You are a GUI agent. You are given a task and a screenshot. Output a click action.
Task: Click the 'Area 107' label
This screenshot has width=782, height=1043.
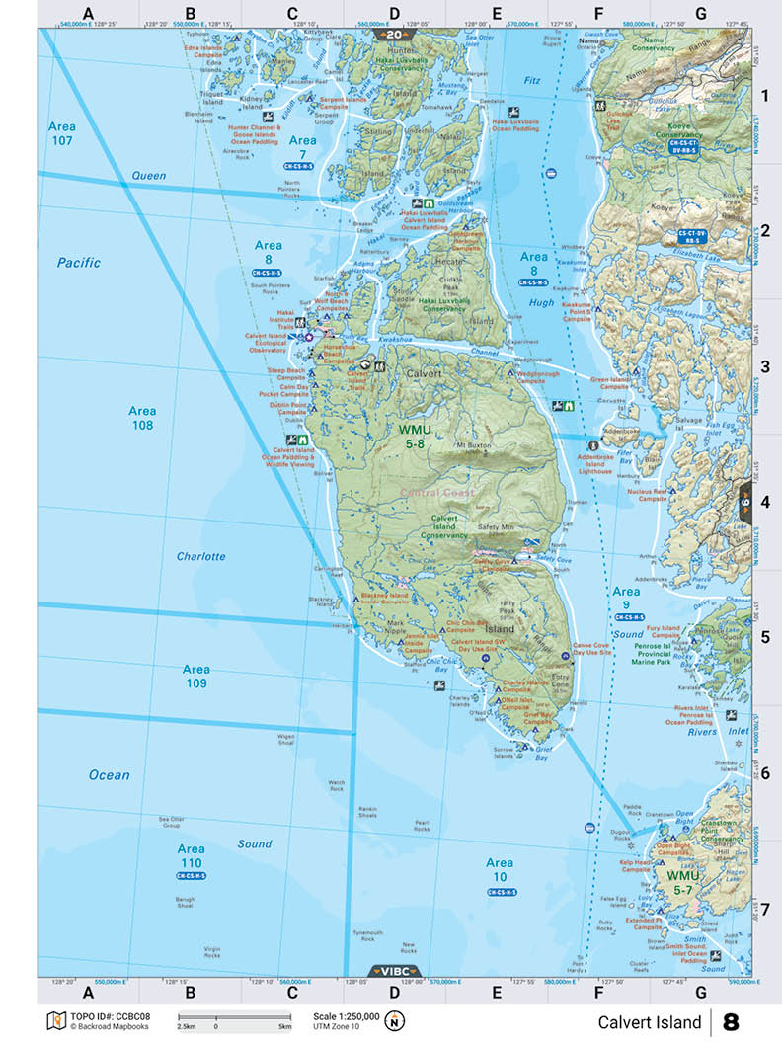[61, 134]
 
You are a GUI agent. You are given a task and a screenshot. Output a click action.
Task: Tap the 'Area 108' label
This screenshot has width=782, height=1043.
[142, 418]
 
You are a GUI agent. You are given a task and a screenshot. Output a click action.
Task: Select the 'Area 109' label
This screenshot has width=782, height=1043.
[195, 676]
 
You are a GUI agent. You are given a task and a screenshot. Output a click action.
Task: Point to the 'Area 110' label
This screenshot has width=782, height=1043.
[191, 855]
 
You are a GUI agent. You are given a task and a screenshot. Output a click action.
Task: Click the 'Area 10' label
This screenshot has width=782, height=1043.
[499, 870]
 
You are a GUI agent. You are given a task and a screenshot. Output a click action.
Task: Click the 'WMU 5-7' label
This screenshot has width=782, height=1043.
[682, 883]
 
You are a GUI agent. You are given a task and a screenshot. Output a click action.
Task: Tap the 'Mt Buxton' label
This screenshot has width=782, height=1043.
[473, 446]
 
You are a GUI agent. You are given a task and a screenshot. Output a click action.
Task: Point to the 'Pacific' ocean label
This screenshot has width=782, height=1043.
[79, 263]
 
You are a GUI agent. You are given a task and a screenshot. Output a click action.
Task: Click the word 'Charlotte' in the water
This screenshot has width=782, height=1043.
[201, 556]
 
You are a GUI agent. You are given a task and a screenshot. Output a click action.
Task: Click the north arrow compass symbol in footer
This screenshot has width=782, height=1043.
[396, 1020]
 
